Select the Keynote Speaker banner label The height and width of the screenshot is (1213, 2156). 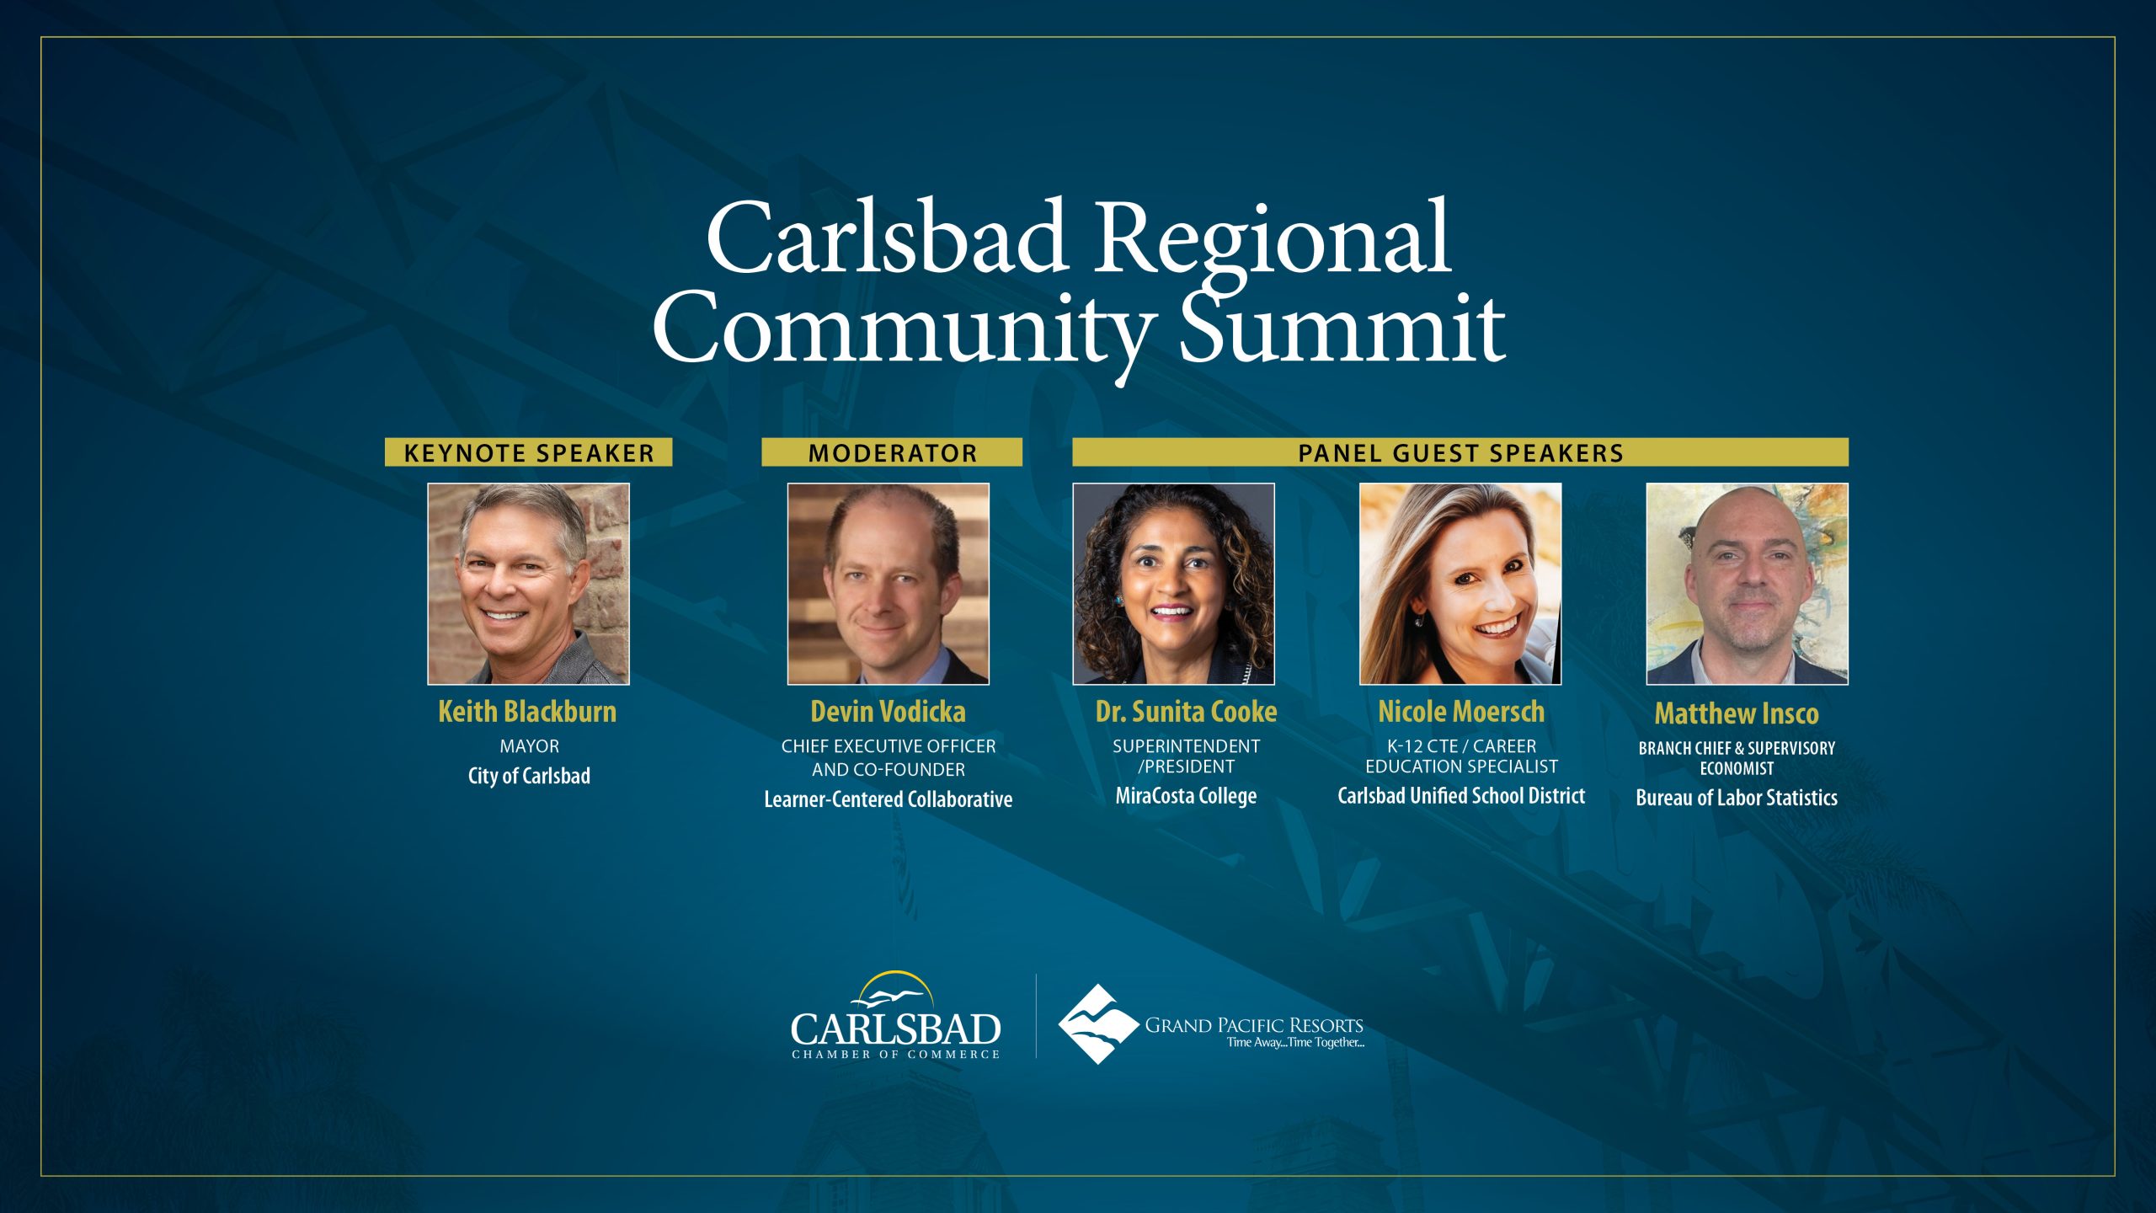(529, 452)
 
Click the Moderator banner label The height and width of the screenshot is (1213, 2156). (892, 452)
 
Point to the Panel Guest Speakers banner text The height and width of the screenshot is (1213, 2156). (1460, 453)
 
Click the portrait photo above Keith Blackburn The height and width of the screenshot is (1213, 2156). (528, 584)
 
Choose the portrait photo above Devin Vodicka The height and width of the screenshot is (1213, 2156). (889, 584)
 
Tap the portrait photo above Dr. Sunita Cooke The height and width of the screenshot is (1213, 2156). (1173, 584)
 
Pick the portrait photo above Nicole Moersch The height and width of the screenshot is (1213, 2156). (1460, 584)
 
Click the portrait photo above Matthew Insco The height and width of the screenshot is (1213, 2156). (1748, 584)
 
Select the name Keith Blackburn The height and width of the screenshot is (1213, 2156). (527, 712)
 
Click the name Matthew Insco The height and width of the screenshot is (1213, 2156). (1737, 714)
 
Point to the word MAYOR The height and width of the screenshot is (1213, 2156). (529, 746)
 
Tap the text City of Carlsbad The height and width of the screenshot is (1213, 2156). (529, 776)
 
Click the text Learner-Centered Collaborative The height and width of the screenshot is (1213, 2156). (889, 799)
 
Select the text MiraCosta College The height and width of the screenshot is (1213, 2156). (1186, 796)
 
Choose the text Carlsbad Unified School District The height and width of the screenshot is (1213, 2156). (1461, 796)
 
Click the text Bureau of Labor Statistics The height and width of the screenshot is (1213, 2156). (1737, 798)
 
